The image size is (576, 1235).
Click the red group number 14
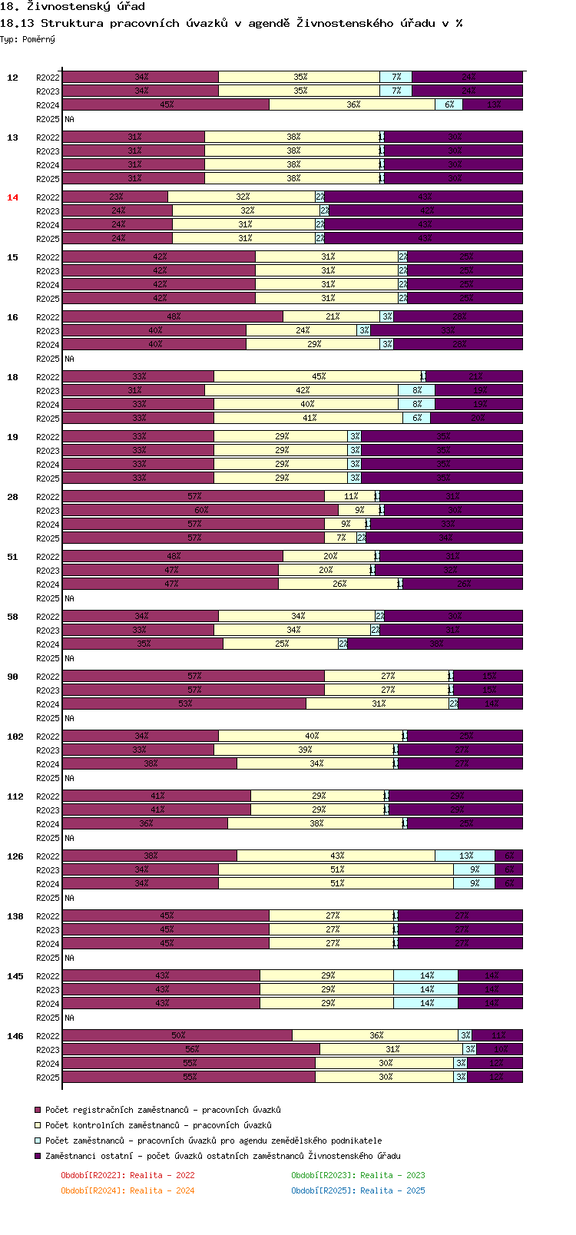[12, 197]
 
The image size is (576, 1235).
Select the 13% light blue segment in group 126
[465, 856]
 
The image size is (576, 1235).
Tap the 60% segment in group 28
[200, 510]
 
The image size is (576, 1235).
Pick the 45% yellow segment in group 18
[318, 376]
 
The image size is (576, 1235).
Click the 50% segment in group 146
[177, 1035]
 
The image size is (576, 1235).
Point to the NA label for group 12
[69, 119]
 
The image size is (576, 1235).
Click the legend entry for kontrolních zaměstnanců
[158, 1125]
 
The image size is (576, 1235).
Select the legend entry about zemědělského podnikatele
[214, 1141]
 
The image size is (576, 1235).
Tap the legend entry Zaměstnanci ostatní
[223, 1156]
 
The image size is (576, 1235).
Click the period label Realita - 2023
[358, 1175]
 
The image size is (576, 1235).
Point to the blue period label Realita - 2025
[358, 1190]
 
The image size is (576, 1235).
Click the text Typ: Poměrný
[28, 39]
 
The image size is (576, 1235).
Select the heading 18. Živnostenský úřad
[73, 7]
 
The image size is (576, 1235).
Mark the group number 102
[15, 737]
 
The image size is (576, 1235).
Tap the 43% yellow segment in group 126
[336, 856]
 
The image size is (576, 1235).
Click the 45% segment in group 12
[166, 104]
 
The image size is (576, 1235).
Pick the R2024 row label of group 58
[48, 644]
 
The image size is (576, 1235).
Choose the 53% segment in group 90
[184, 704]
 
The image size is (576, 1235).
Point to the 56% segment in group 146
[191, 1049]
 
